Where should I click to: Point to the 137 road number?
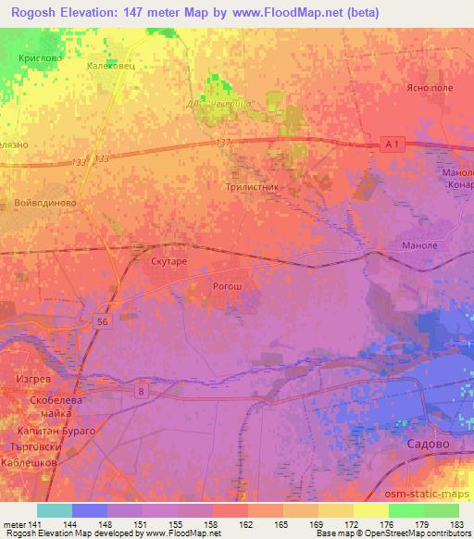click(x=222, y=142)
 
